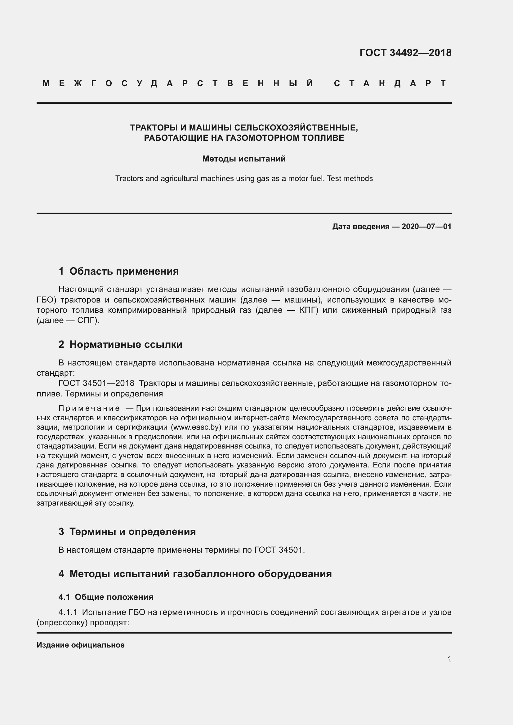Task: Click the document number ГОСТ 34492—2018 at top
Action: (x=405, y=53)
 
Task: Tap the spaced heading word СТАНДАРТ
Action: (x=390, y=83)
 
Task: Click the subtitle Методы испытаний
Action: (x=244, y=159)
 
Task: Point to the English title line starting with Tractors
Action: (x=244, y=179)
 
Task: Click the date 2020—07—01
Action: (x=426, y=226)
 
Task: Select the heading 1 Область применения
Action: (x=119, y=271)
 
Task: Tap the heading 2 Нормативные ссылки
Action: (x=120, y=344)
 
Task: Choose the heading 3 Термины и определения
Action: (x=127, y=532)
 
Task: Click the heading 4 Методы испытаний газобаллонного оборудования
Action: (x=195, y=574)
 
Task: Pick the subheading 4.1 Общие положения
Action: (x=106, y=597)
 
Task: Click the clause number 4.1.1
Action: (x=68, y=612)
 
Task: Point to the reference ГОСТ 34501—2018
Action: (x=97, y=383)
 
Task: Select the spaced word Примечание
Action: (x=89, y=408)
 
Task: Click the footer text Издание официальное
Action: (x=81, y=645)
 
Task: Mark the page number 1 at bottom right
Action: (x=449, y=659)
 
